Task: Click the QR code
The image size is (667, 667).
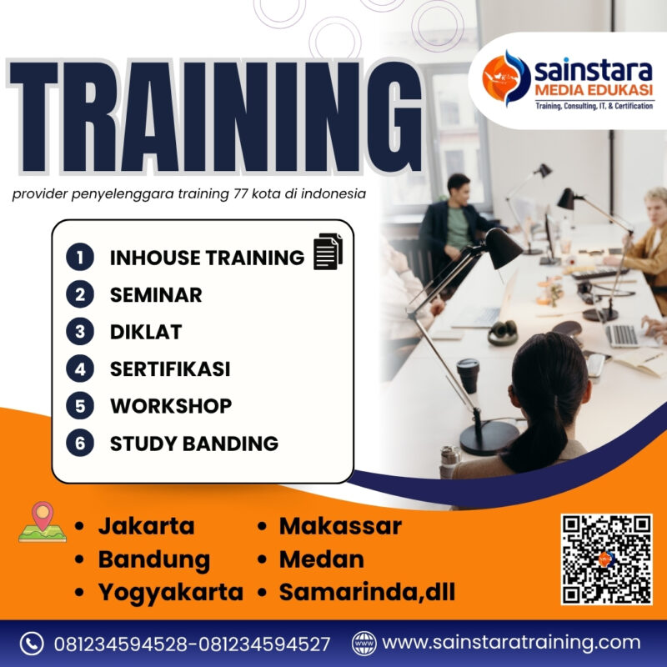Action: click(x=606, y=559)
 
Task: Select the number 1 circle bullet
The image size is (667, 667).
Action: click(x=79, y=258)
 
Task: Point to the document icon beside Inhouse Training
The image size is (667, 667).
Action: click(x=328, y=252)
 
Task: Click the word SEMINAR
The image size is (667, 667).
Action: click(x=156, y=294)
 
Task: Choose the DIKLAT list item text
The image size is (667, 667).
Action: click(x=146, y=332)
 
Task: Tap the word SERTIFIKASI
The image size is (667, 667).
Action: click(x=170, y=369)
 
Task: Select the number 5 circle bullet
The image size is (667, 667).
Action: click(x=79, y=406)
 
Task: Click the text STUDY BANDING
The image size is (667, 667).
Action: click(x=194, y=443)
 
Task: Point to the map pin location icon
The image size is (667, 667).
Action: click(x=42, y=522)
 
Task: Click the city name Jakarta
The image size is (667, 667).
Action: click(x=146, y=526)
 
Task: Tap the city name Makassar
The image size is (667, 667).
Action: click(x=340, y=526)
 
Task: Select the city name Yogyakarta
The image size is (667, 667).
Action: click(x=171, y=592)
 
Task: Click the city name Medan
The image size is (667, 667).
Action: click(x=322, y=559)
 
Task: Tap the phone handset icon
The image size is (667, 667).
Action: click(x=32, y=644)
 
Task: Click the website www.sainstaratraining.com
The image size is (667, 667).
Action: click(x=511, y=643)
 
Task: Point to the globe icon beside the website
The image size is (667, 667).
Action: click(x=364, y=644)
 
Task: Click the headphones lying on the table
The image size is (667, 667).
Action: click(x=503, y=333)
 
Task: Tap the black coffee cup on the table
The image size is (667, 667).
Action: click(x=469, y=375)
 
